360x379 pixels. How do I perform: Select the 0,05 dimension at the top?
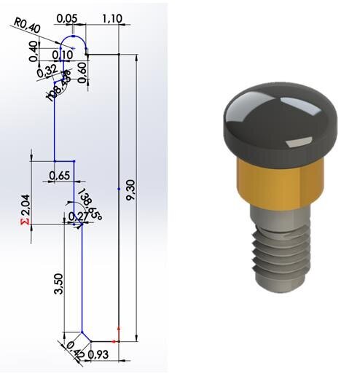(66, 17)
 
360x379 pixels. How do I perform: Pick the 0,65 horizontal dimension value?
(59, 176)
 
